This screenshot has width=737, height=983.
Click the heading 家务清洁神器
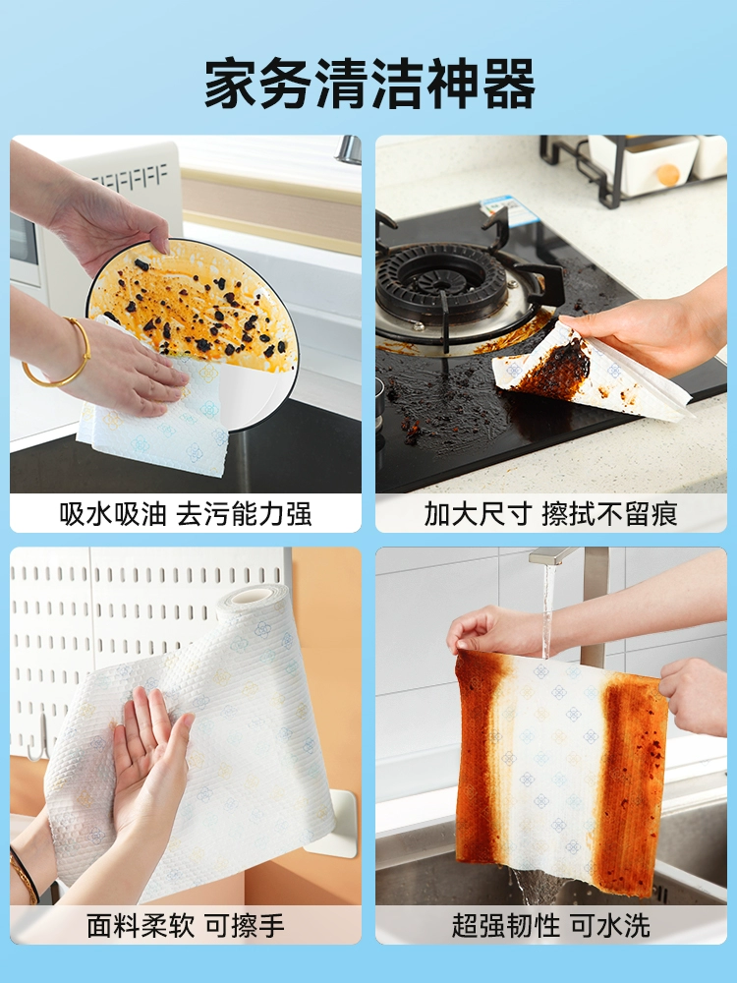tap(369, 84)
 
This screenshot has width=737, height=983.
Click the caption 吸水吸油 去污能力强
tap(186, 514)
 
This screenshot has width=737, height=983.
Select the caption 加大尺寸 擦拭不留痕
tap(551, 514)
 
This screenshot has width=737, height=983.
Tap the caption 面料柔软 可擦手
tap(186, 925)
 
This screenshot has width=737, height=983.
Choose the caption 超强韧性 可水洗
tap(551, 925)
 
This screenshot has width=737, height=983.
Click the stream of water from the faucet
tap(547, 611)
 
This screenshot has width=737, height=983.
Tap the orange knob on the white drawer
tap(668, 175)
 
